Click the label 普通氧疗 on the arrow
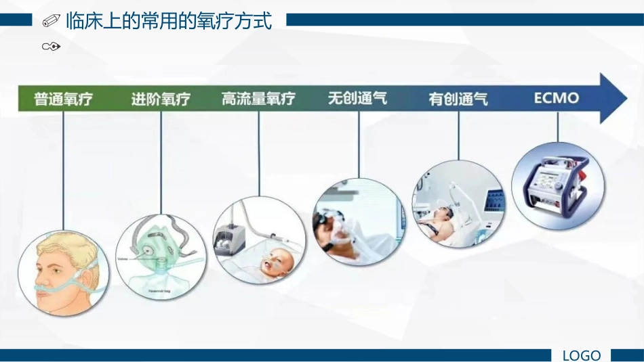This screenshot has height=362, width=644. (x=63, y=99)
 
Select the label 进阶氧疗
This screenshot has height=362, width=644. (x=161, y=99)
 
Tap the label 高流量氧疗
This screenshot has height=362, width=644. (x=258, y=99)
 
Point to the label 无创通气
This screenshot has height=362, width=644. (x=357, y=99)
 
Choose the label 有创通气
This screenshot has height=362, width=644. (x=458, y=99)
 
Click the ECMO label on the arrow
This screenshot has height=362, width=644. (x=557, y=98)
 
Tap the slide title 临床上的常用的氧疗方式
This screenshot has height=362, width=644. (x=169, y=22)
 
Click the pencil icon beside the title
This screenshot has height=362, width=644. (x=51, y=22)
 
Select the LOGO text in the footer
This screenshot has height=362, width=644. (x=582, y=355)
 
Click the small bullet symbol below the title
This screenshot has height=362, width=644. (x=52, y=47)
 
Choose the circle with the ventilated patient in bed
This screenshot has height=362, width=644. (x=458, y=204)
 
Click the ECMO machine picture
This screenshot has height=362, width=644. (x=558, y=187)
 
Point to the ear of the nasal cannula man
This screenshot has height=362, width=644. (x=87, y=277)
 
